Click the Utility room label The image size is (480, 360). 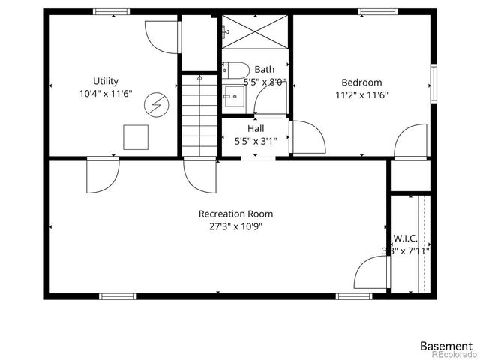pyautogui.click(x=106, y=81)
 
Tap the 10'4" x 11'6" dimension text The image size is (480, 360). pyautogui.click(x=106, y=94)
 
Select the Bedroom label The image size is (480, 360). pyautogui.click(x=361, y=82)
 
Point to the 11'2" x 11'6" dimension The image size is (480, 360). pyautogui.click(x=361, y=95)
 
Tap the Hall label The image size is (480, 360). pyautogui.click(x=256, y=128)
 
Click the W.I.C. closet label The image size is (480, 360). pyautogui.click(x=405, y=238)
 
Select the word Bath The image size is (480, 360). pyautogui.click(x=264, y=70)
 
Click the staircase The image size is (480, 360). pyautogui.click(x=199, y=116)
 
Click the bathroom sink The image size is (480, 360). pyautogui.click(x=232, y=95)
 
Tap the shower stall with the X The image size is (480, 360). pyautogui.click(x=255, y=33)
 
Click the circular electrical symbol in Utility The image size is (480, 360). pyautogui.click(x=156, y=104)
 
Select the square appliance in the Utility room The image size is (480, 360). pyautogui.click(x=136, y=136)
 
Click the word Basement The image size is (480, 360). pyautogui.click(x=446, y=346)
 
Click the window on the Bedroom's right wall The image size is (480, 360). pyautogui.click(x=433, y=82)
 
